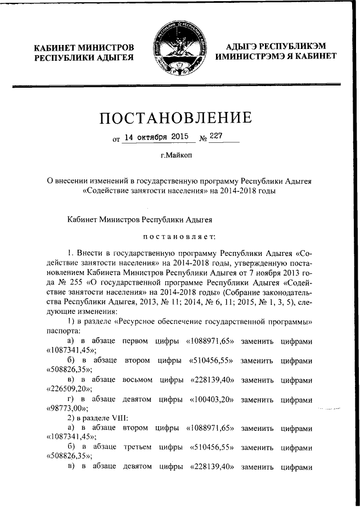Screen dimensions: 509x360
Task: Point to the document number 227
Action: pyautogui.click(x=216, y=136)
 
